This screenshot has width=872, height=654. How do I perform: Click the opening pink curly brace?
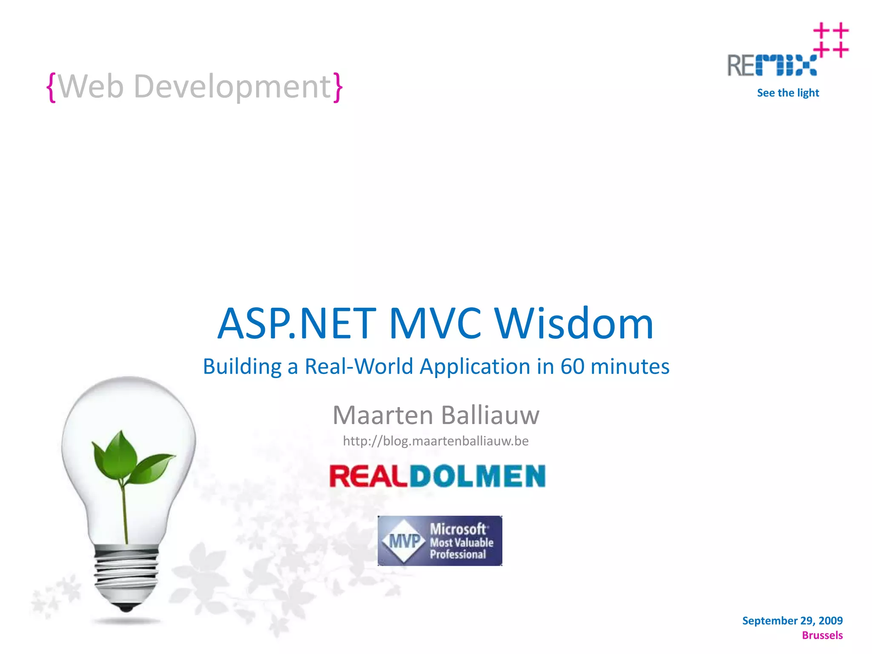point(51,87)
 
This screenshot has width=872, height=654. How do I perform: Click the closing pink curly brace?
point(338,87)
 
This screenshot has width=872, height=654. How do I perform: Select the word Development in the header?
point(232,86)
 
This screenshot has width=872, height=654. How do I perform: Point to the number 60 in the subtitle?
point(572,366)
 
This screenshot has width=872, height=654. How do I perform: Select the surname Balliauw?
point(490,415)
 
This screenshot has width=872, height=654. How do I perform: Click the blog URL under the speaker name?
point(436,441)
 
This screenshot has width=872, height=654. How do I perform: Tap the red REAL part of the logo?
point(368,476)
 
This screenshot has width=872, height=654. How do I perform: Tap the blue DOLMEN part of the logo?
point(477,476)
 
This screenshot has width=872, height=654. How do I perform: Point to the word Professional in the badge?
point(458,554)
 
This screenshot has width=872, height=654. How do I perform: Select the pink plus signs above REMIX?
point(830,40)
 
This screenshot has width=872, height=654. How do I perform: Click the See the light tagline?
point(788,93)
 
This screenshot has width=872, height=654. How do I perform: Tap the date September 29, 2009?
point(792,620)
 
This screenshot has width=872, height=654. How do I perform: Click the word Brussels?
point(822,635)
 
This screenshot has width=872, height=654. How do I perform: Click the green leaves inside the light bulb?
point(128,458)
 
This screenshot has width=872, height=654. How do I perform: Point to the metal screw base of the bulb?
point(126,575)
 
